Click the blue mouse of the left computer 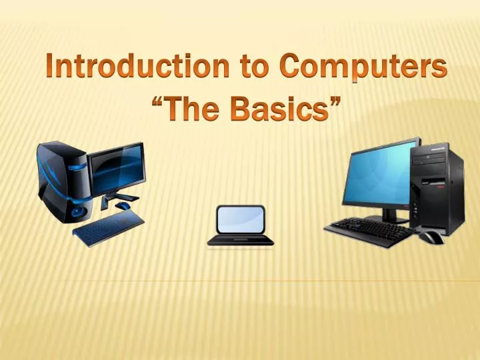123,207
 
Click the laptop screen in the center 240,219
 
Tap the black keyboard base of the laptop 240,240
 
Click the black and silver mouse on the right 430,236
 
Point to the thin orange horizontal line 267,281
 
